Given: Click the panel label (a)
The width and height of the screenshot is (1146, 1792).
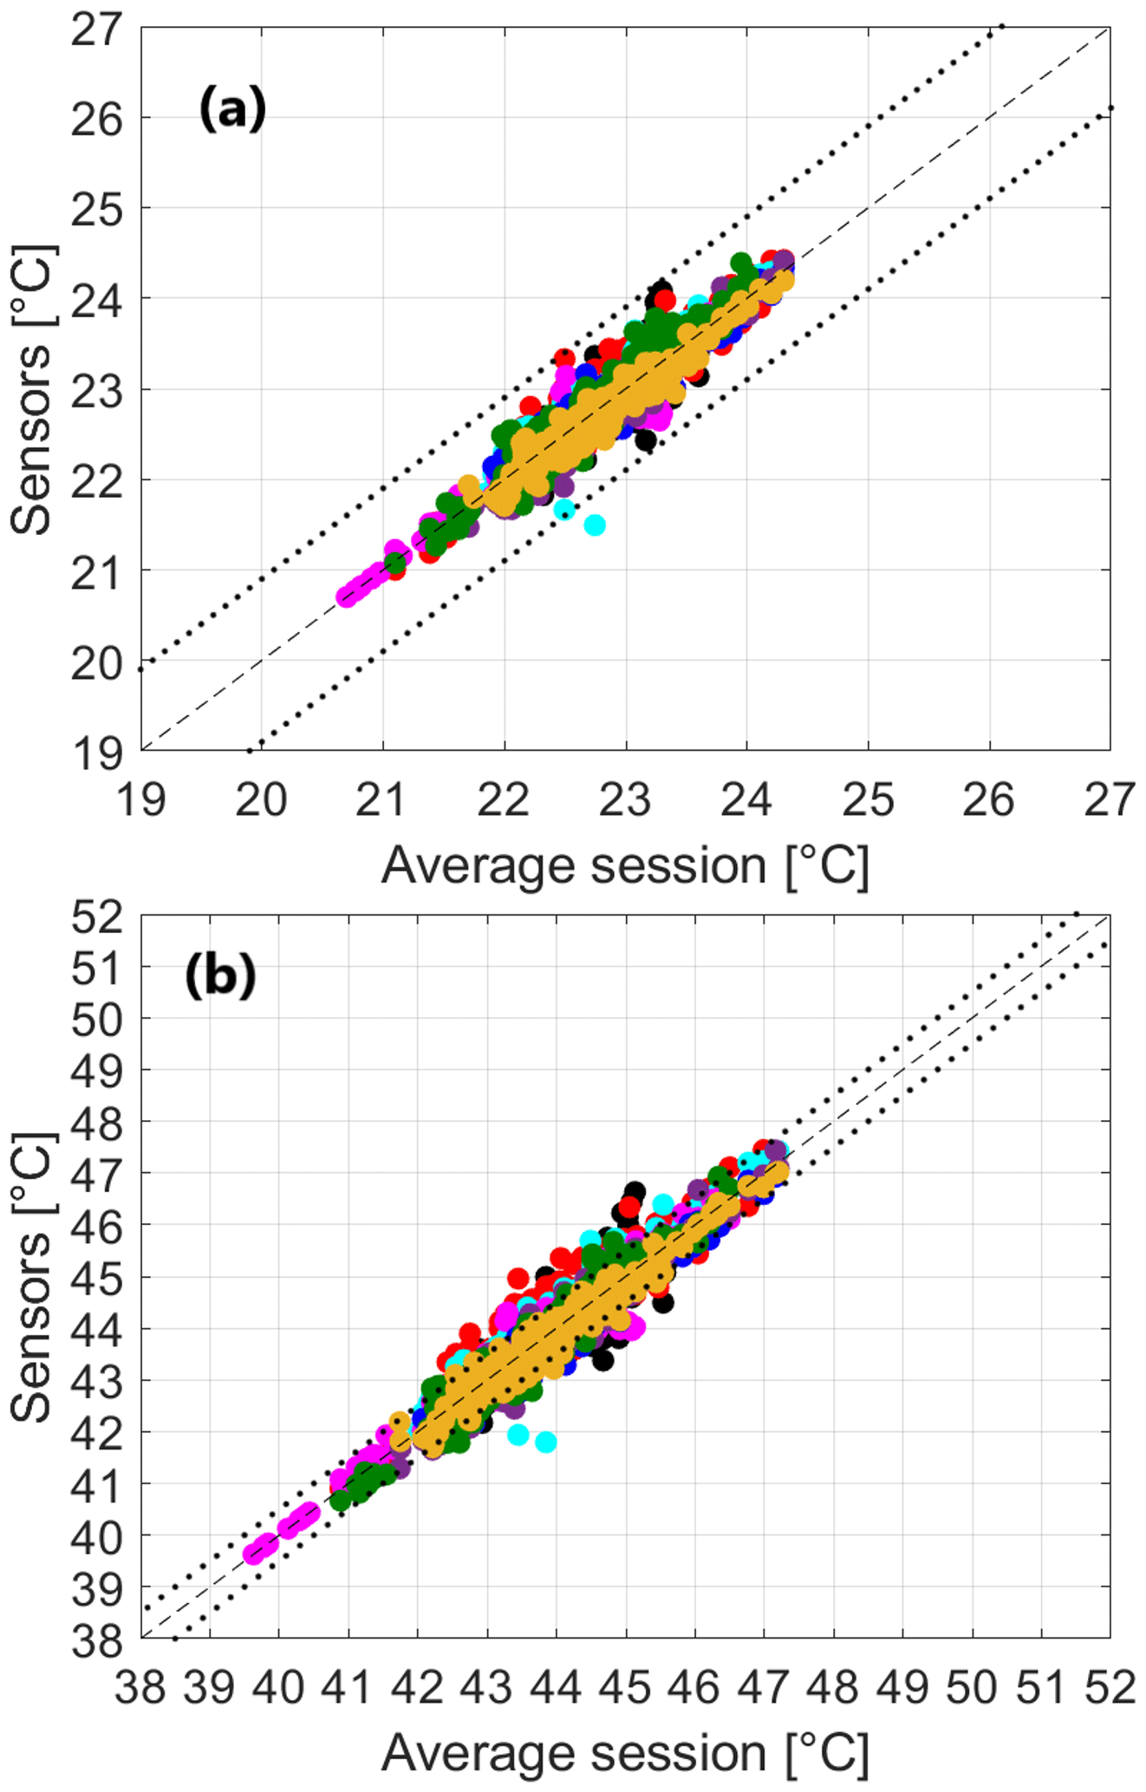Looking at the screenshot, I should pyautogui.click(x=232, y=111).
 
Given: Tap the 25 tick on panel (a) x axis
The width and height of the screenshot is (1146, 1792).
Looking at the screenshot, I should pyautogui.click(x=868, y=799).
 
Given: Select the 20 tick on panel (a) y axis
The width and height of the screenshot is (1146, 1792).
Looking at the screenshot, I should pyautogui.click(x=96, y=663).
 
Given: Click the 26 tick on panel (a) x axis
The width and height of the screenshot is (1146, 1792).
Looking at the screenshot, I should pyautogui.click(x=988, y=799).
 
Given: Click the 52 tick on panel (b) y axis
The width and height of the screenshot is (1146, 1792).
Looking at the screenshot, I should pyautogui.click(x=96, y=917).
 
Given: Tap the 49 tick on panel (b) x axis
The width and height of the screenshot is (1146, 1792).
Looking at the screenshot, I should pyautogui.click(x=902, y=1687).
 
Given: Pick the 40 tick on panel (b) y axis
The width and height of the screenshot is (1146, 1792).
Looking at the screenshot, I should pyautogui.click(x=96, y=1538).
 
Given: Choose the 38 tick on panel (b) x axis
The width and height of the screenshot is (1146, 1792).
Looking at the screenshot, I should pyautogui.click(x=140, y=1687).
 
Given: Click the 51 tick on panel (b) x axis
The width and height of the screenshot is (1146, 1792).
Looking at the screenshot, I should pyautogui.click(x=1041, y=1687).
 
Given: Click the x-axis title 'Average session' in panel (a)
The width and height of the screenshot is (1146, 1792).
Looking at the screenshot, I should pyautogui.click(x=624, y=865).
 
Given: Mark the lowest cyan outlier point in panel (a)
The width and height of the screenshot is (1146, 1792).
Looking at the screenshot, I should pyautogui.click(x=595, y=525).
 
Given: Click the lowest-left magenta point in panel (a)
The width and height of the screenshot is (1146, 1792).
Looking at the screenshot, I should pyautogui.click(x=347, y=596).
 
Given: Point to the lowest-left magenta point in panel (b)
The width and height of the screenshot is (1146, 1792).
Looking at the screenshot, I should pyautogui.click(x=253, y=1554).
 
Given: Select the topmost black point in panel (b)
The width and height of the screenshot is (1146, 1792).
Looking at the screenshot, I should pyautogui.click(x=635, y=1190).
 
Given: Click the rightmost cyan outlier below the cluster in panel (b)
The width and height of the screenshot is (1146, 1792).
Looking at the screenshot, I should pyautogui.click(x=545, y=1443).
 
